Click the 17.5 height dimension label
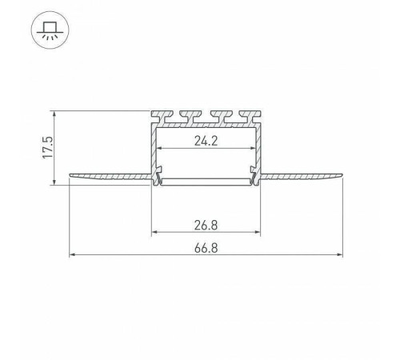[48, 147]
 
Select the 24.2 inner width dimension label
[206, 141]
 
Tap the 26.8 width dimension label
[206, 226]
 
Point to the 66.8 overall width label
[206, 248]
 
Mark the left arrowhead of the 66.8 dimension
[72, 255]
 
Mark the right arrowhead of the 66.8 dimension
[339, 255]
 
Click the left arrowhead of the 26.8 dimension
[154, 232]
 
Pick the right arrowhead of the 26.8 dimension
[257, 232]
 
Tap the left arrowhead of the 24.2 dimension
[159, 148]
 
